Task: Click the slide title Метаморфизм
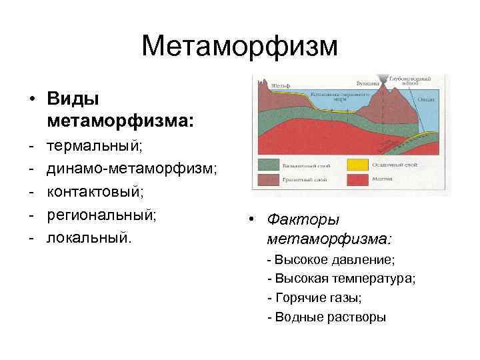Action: click(240, 47)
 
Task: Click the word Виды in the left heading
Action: click(73, 98)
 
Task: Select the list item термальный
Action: click(94, 145)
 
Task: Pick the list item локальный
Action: click(90, 238)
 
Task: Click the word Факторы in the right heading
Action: click(303, 219)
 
